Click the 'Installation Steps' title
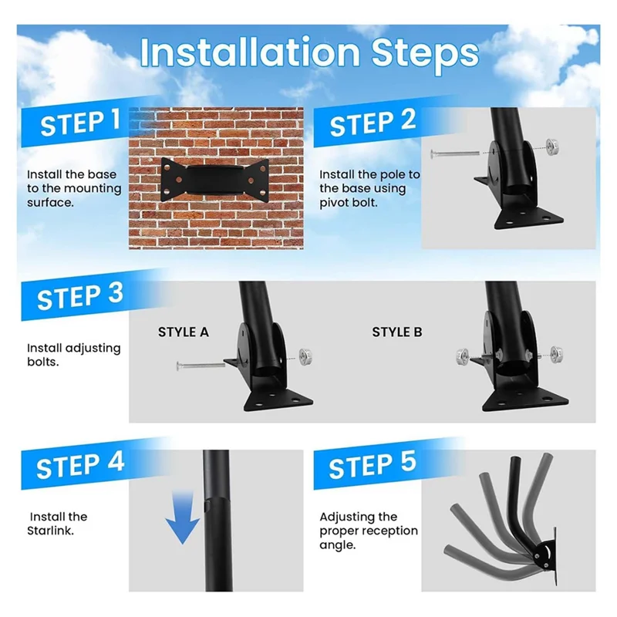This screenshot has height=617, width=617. [309, 53]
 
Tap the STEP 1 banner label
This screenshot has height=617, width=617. [80, 123]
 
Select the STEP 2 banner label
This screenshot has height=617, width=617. [373, 123]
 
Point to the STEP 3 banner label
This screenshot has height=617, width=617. [80, 297]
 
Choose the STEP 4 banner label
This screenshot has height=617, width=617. [80, 466]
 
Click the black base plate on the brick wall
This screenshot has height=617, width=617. [215, 180]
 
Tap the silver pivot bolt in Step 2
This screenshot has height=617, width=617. [455, 153]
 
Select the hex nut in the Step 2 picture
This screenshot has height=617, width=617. [553, 147]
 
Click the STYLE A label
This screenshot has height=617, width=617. [184, 332]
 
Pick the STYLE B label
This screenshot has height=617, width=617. [397, 332]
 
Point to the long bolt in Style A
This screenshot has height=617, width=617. [201, 366]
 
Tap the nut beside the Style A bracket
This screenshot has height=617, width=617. [305, 356]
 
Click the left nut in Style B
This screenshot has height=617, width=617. [463, 356]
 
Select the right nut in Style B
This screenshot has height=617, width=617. [555, 354]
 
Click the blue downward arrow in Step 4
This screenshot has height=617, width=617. [183, 518]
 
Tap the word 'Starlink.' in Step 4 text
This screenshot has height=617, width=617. [50, 531]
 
